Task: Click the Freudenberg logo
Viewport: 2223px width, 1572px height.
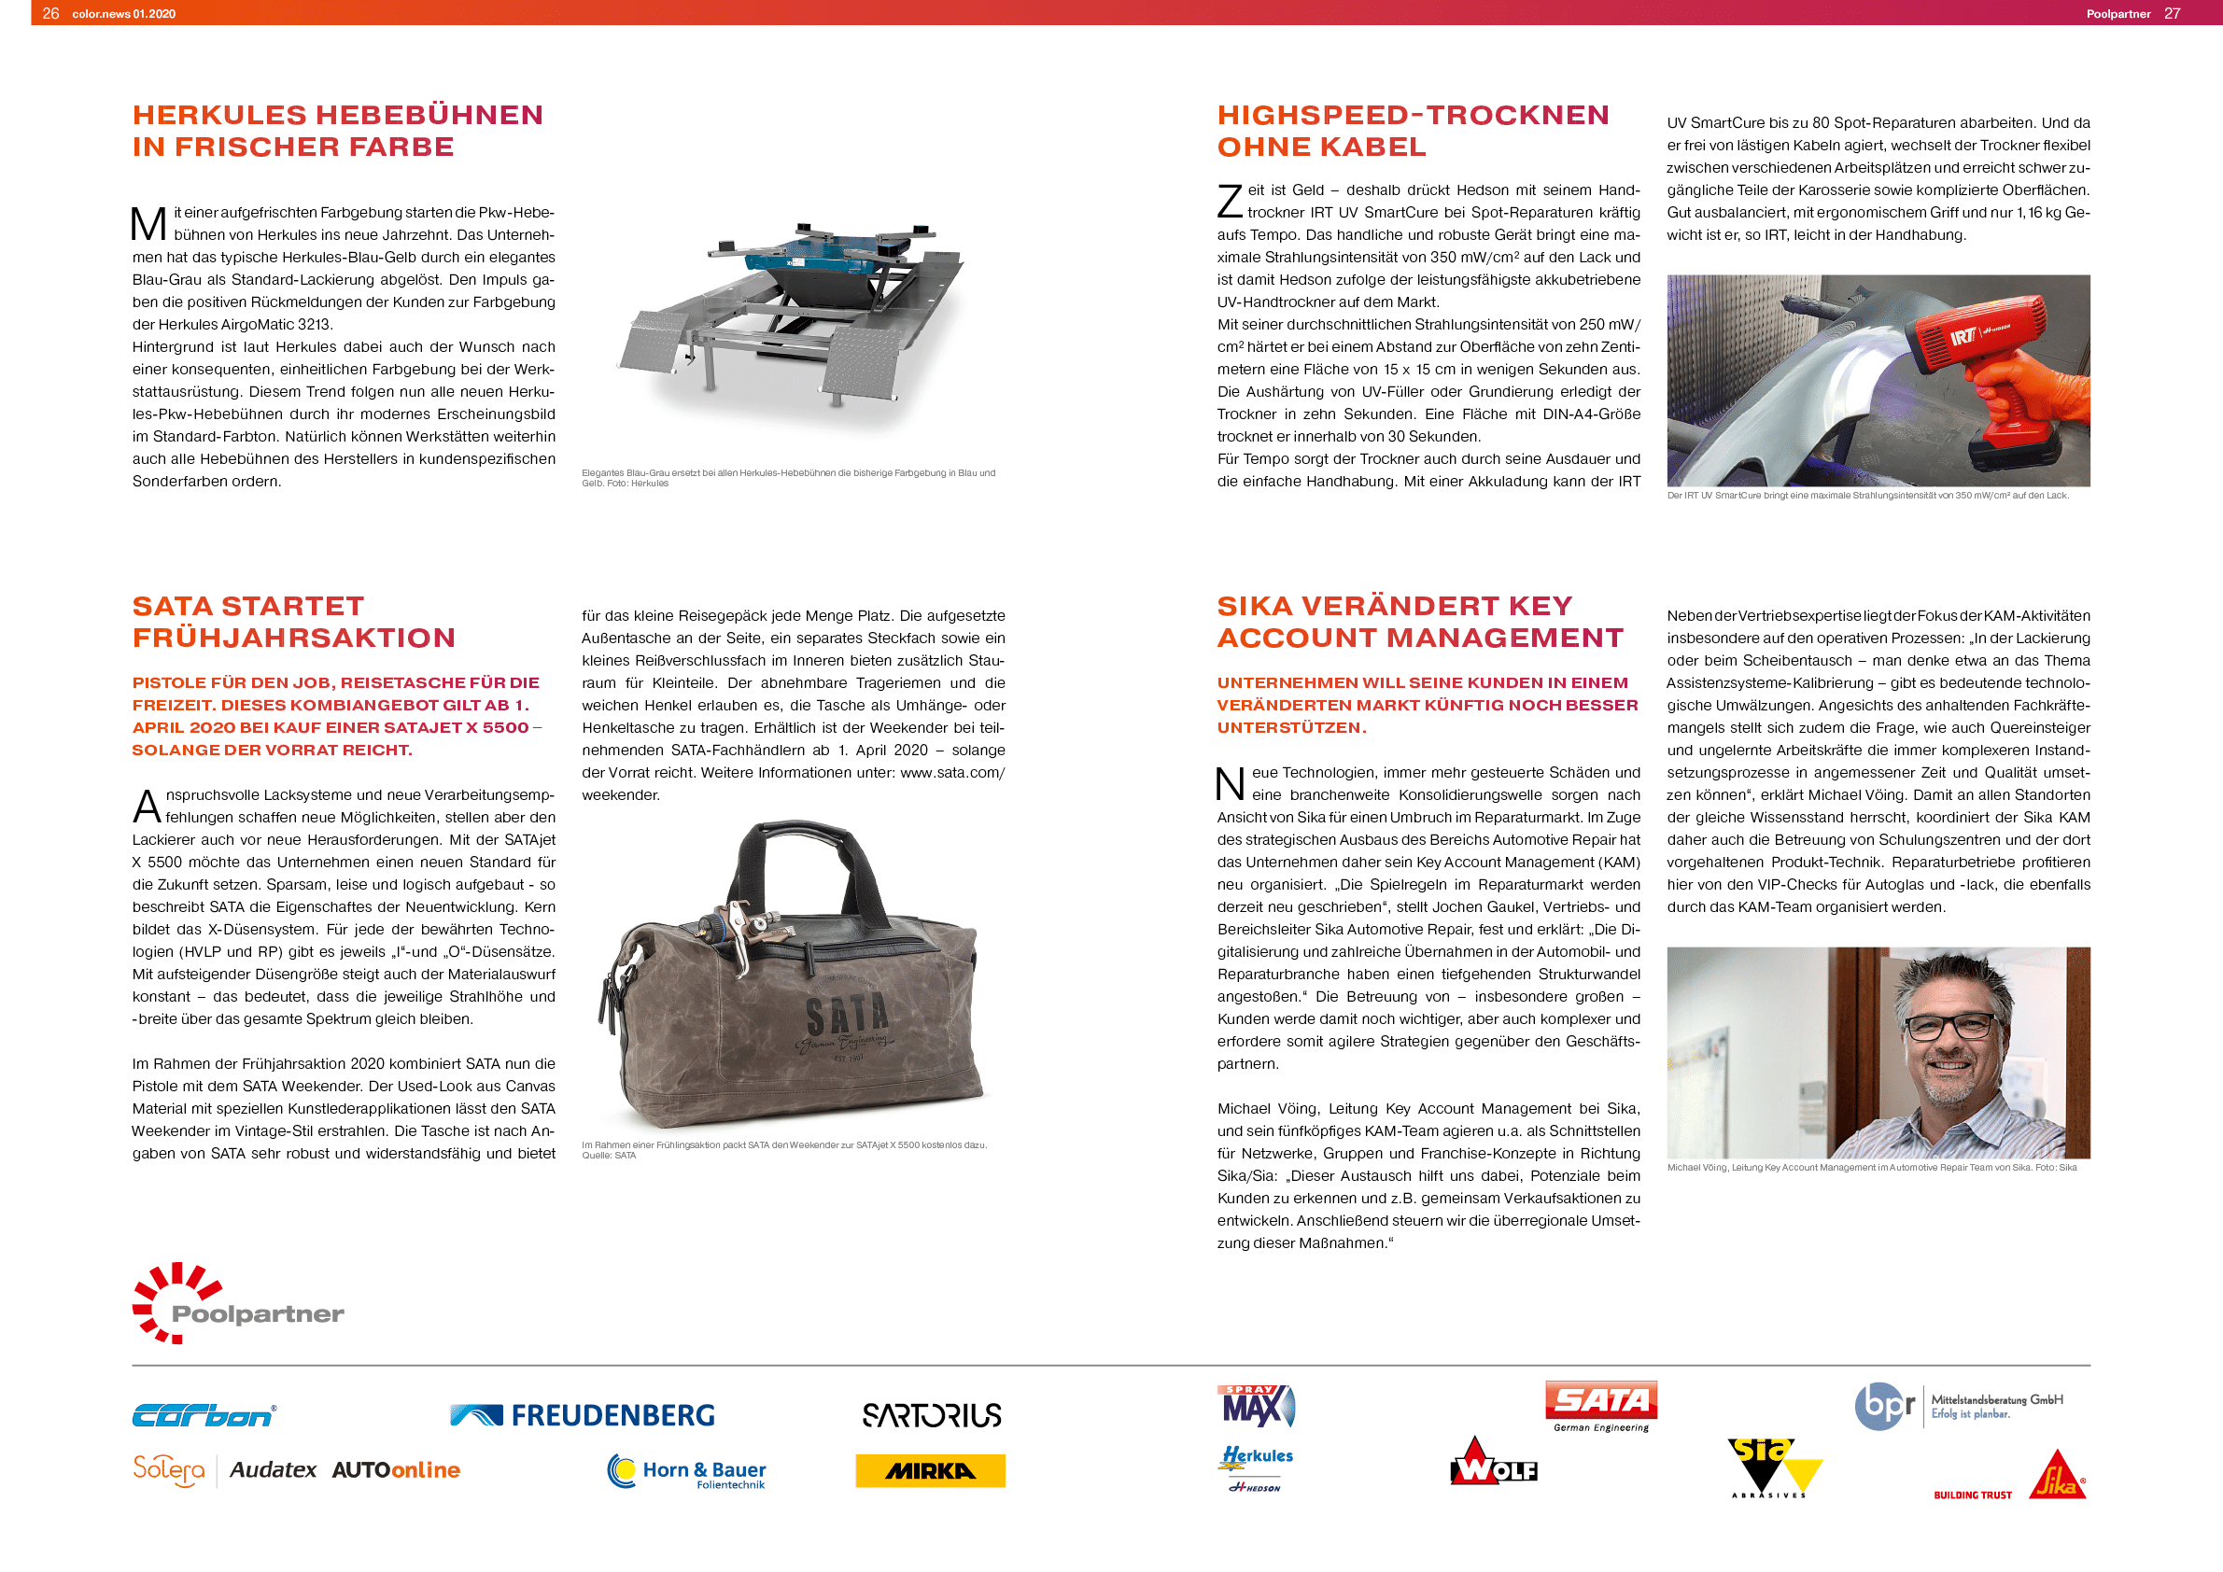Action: [582, 1415]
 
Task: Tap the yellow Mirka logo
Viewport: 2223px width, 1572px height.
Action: [930, 1470]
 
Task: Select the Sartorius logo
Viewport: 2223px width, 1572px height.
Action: [932, 1415]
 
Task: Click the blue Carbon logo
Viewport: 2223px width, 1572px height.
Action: [204, 1415]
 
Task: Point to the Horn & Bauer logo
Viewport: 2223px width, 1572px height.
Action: [686, 1471]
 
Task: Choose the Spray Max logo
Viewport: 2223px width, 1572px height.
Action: [1256, 1406]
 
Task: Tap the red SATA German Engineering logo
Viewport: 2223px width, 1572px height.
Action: [1600, 1405]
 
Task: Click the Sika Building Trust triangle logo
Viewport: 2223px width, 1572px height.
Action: [2057, 1476]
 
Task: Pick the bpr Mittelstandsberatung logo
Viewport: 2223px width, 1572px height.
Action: [1958, 1406]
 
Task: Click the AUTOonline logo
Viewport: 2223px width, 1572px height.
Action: [395, 1469]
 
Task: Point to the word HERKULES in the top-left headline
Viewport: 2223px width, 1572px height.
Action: [218, 115]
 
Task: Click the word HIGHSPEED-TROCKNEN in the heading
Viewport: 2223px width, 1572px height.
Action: [1413, 115]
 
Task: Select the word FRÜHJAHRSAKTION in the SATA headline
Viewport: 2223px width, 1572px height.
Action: [293, 638]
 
